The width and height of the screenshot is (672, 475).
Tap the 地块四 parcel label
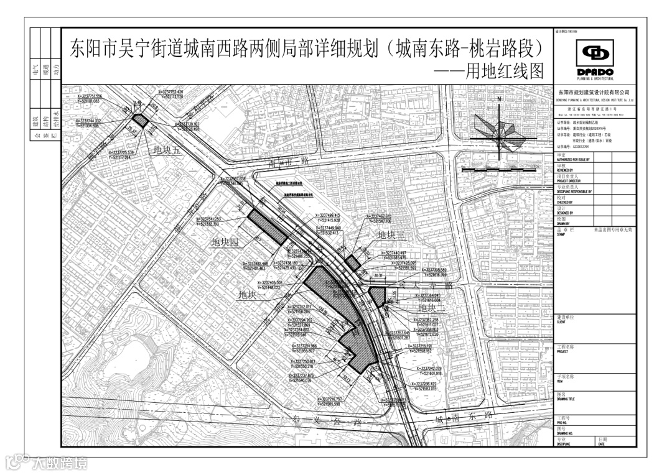tap(225, 242)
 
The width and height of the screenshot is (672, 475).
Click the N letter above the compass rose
tap(498, 99)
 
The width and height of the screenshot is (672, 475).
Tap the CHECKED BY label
tap(566, 202)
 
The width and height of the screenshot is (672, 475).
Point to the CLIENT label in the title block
tap(562, 322)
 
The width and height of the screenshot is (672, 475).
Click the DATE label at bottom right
tap(601, 444)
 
